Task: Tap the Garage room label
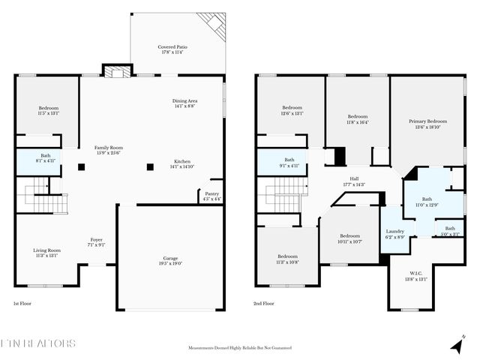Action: tap(171, 260)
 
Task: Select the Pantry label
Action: tap(212, 196)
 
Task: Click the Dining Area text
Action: tap(184, 103)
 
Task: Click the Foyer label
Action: tap(97, 241)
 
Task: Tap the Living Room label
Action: tap(46, 253)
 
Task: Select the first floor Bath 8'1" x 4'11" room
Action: tap(46, 158)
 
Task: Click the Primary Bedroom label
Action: tap(427, 124)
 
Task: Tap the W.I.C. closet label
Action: tap(416, 275)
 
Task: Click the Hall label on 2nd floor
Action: tap(353, 181)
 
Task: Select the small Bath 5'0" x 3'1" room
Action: tap(449, 231)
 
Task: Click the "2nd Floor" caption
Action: tap(264, 304)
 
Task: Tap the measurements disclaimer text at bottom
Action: tap(239, 348)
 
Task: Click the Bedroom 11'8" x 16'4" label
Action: tap(357, 119)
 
